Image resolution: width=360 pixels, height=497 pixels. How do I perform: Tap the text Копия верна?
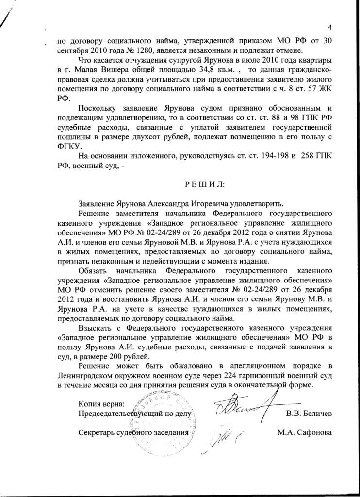[101, 404]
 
